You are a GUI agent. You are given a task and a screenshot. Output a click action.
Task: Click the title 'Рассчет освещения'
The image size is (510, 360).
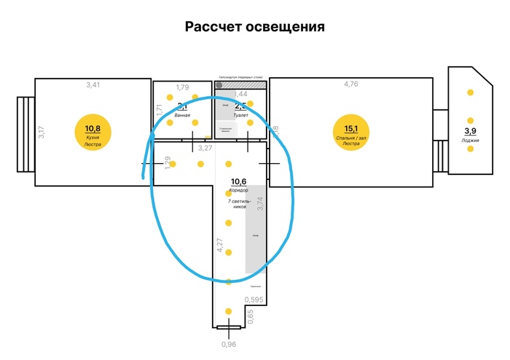(x=254, y=27)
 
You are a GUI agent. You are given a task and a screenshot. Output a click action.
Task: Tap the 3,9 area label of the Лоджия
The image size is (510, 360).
(x=470, y=131)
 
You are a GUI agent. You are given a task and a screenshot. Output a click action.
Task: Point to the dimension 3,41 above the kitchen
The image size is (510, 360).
(x=93, y=85)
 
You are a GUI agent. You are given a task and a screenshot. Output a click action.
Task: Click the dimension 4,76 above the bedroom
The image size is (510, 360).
(x=351, y=85)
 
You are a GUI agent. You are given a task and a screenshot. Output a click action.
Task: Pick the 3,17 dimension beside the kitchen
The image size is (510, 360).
(x=42, y=133)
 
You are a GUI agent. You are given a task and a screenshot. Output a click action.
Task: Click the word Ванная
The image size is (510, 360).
(x=182, y=116)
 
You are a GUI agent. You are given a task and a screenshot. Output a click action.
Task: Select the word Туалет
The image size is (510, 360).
(x=241, y=115)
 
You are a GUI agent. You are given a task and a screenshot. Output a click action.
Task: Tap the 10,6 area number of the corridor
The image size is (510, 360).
(x=239, y=181)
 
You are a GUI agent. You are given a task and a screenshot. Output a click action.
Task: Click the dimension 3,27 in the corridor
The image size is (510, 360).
(x=205, y=148)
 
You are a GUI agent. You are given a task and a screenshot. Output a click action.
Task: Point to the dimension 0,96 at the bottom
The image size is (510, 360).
(x=229, y=345)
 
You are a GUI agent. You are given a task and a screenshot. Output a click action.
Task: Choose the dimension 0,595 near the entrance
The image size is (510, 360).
(x=254, y=300)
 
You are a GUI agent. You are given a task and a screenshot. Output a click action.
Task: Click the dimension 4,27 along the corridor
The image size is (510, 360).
(x=219, y=245)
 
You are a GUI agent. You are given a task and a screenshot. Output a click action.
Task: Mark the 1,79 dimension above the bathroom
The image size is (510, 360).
(x=182, y=87)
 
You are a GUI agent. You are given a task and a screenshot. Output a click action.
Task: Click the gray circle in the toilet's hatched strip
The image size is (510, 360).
(x=219, y=85)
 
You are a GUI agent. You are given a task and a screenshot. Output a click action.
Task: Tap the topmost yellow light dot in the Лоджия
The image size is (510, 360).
(x=471, y=93)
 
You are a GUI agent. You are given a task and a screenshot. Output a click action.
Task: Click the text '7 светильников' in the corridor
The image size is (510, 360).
(x=241, y=203)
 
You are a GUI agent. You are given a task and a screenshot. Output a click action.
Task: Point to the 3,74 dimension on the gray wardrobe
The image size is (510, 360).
(x=260, y=203)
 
